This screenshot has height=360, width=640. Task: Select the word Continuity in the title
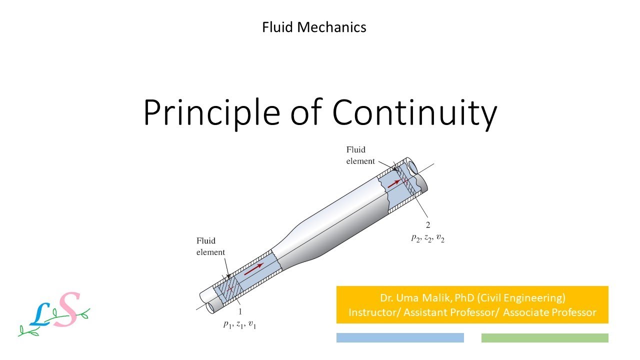tap(414, 113)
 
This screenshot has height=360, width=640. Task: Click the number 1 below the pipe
tap(240, 312)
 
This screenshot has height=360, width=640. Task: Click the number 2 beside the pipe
tap(427, 225)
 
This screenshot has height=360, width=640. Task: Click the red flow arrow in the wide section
tap(394, 182)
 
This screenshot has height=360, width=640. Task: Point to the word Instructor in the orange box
tap(370, 312)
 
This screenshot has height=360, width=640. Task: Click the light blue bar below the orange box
tap(400, 338)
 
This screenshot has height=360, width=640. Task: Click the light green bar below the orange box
tap(544, 338)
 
